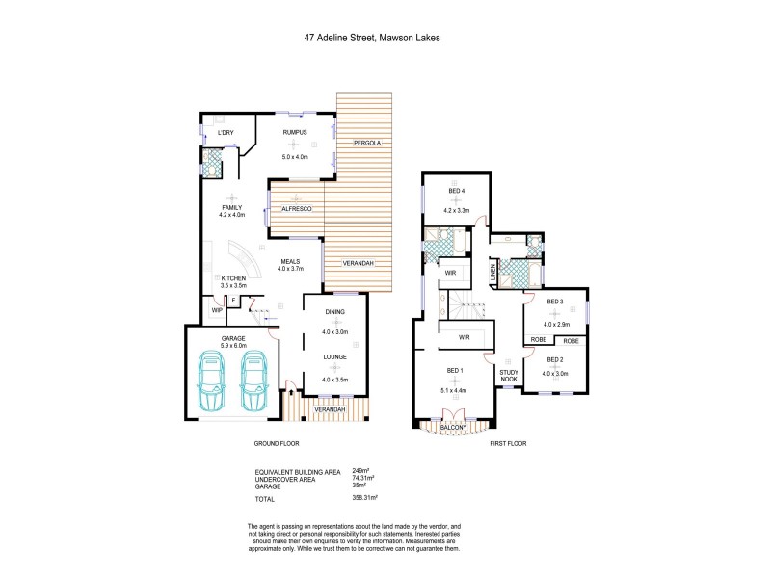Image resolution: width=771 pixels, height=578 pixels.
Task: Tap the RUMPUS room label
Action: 294,132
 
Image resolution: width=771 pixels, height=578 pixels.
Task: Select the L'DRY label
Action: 226,132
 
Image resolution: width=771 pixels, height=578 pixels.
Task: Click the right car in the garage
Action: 253,380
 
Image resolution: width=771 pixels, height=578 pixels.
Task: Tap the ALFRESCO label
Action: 296,208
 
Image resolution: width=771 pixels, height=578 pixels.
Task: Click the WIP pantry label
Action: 218,310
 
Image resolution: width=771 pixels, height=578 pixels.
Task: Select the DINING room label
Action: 334,311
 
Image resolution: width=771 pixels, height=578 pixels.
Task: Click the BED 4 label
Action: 456,189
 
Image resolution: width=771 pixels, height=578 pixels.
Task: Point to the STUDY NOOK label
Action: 508,375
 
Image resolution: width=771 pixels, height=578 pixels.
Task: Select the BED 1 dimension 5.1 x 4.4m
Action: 455,390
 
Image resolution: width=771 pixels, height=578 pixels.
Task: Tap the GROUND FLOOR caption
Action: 276,444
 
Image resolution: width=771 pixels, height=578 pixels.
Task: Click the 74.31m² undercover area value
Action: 362,478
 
